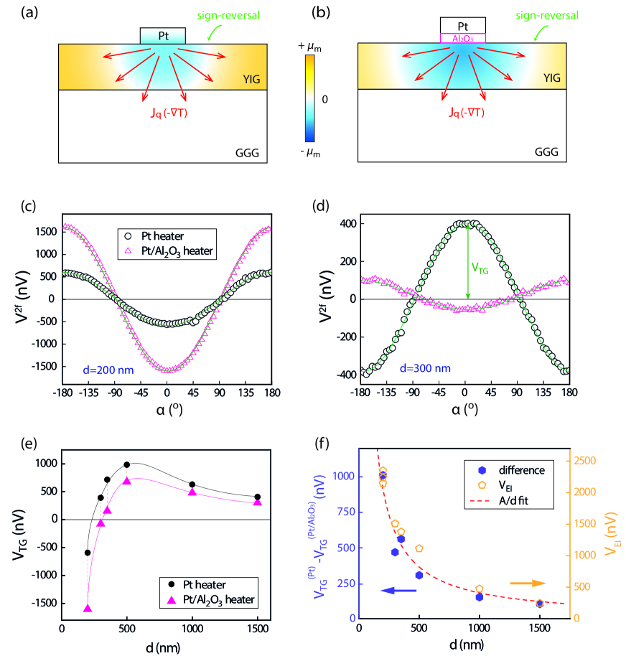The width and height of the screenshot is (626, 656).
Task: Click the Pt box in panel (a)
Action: (x=162, y=35)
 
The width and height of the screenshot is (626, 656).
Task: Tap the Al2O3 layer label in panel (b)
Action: (x=462, y=38)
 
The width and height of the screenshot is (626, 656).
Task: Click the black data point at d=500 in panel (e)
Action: (x=127, y=465)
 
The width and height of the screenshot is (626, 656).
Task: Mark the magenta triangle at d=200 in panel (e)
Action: (x=88, y=608)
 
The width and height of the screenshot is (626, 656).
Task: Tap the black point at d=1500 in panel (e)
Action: (x=258, y=497)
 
